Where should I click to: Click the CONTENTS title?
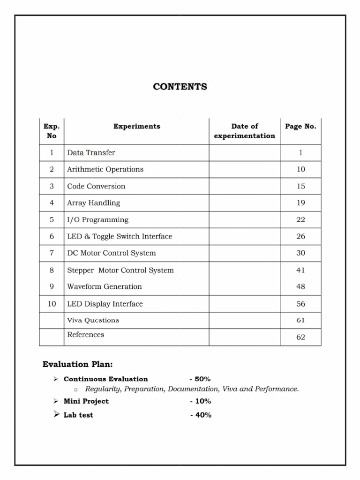click(180, 87)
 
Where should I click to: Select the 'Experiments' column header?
click(136, 126)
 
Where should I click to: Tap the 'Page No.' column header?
click(300, 126)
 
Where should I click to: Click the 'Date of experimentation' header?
click(244, 131)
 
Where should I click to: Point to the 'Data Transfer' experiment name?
click(91, 152)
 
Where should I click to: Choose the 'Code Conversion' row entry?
click(96, 186)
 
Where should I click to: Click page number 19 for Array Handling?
click(300, 203)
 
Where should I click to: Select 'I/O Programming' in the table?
click(97, 219)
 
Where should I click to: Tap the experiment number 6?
click(52, 236)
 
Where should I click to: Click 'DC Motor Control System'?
click(111, 253)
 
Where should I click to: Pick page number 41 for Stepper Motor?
click(300, 270)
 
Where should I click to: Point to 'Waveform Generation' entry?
click(105, 286)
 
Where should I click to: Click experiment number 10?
click(52, 304)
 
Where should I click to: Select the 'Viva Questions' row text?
click(93, 320)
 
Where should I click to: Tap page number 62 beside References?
click(300, 337)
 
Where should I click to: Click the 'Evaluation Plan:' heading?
click(77, 364)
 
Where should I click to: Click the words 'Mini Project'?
click(86, 401)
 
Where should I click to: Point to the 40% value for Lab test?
click(201, 415)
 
